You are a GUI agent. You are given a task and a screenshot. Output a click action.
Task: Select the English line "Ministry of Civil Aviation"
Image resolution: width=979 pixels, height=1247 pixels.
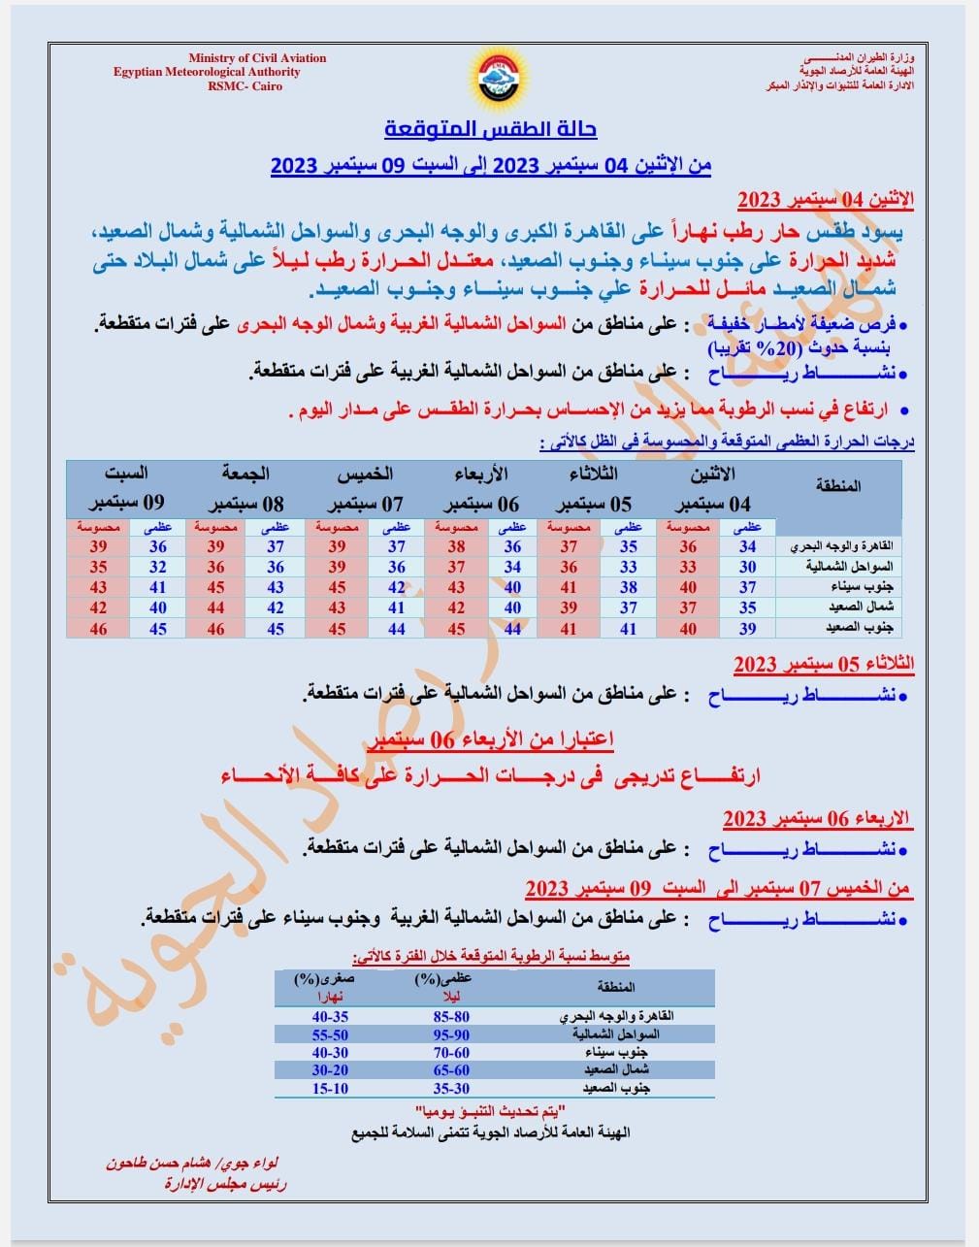(x=257, y=58)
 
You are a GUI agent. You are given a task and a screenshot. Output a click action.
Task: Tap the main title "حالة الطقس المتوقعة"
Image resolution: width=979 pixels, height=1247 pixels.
(x=491, y=128)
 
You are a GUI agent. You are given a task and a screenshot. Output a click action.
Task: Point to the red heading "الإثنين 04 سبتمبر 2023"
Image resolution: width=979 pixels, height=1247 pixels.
(x=826, y=201)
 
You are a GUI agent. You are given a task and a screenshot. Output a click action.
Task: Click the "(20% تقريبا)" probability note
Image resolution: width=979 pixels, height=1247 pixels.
(x=761, y=347)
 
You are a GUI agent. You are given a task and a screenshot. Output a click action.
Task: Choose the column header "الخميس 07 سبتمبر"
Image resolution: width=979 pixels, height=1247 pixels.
(x=365, y=489)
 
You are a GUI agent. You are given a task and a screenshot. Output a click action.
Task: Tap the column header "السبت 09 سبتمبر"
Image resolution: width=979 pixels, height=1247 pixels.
(x=126, y=489)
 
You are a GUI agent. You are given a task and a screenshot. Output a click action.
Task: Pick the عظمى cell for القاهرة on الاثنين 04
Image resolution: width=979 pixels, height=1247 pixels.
(x=747, y=547)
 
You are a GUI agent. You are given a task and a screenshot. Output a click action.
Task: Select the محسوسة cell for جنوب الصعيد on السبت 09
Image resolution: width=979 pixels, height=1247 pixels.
(x=98, y=629)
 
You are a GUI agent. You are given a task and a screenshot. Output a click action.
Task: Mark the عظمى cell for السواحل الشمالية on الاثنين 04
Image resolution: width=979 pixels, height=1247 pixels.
(x=747, y=567)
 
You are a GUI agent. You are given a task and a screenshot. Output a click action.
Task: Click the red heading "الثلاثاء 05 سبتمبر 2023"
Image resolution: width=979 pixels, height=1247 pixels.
(x=824, y=665)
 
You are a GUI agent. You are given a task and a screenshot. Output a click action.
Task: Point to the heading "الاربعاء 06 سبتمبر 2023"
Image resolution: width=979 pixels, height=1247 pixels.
(x=818, y=819)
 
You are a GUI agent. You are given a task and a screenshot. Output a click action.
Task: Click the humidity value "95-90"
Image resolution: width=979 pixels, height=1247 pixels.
(x=450, y=1035)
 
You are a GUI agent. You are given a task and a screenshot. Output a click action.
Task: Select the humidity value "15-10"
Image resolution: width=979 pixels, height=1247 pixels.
(x=330, y=1089)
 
